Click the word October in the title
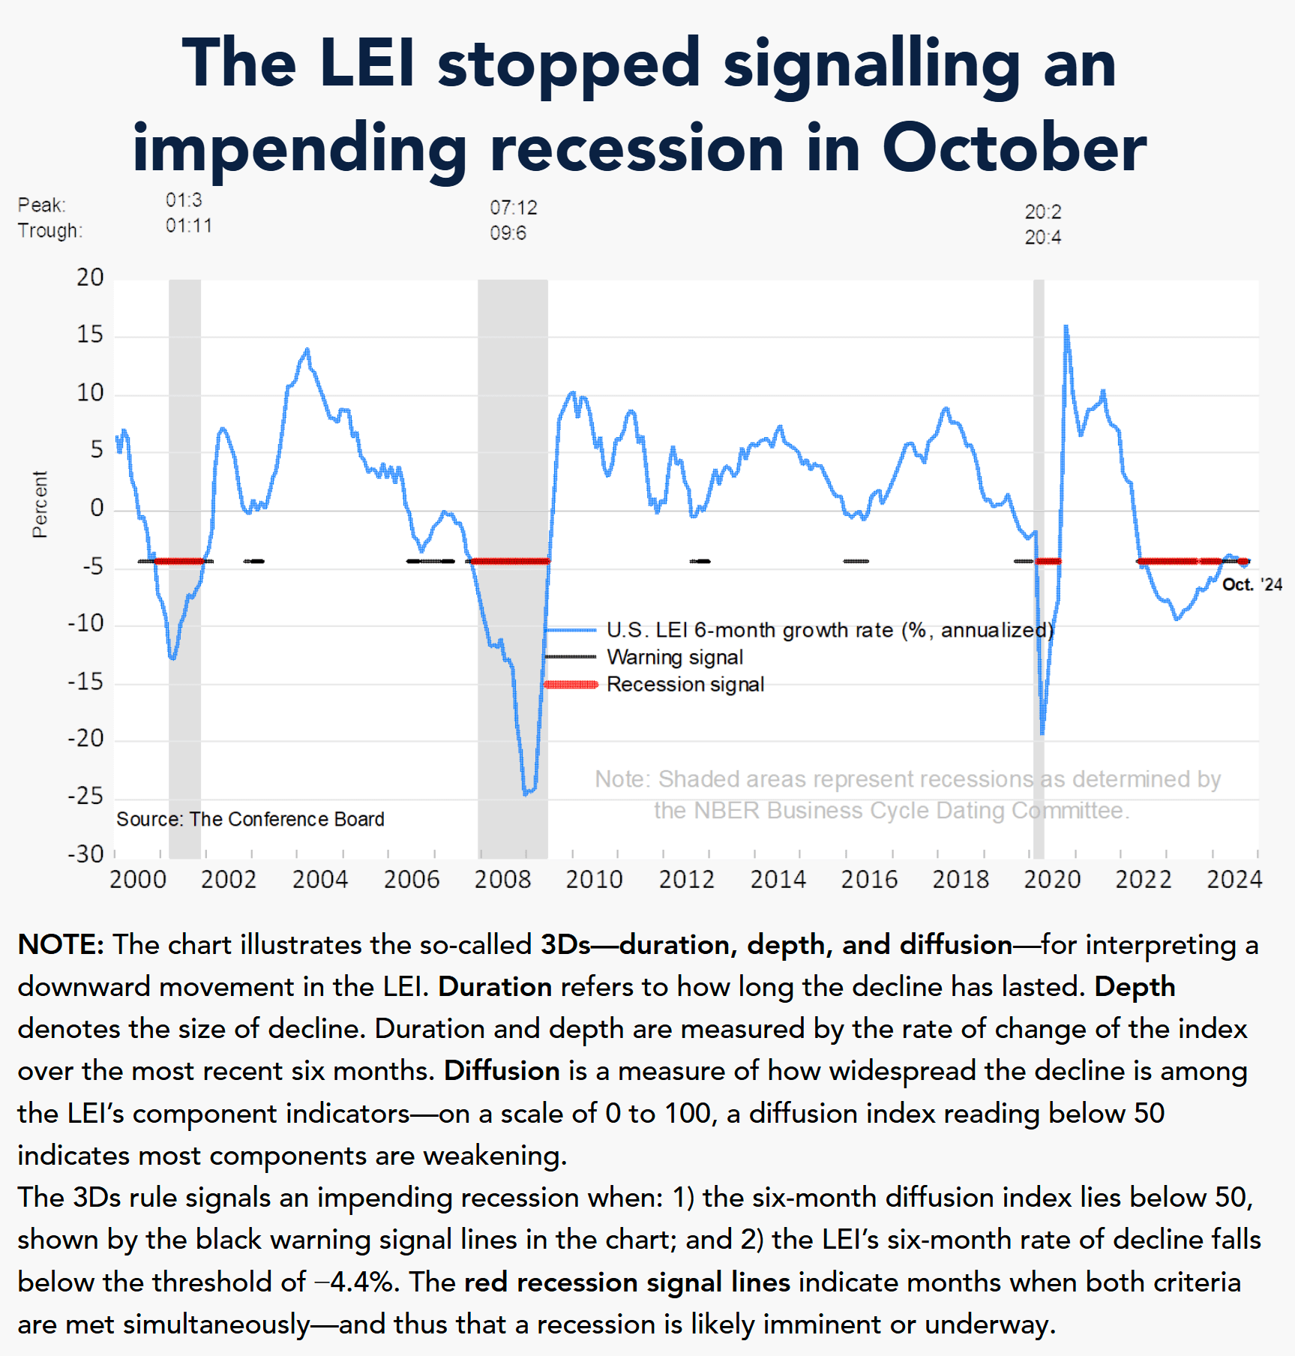(x=1014, y=148)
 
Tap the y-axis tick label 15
(x=90, y=335)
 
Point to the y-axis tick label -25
(x=85, y=796)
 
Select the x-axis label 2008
(x=502, y=879)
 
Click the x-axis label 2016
(x=869, y=879)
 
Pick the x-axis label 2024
(x=1234, y=879)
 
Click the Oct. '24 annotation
(x=1252, y=585)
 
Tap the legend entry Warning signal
(x=674, y=658)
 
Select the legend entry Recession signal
(x=685, y=685)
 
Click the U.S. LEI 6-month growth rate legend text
(x=829, y=631)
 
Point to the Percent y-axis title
(x=40, y=504)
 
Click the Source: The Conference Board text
(x=250, y=819)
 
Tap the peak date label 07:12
(x=514, y=208)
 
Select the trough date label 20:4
(x=1042, y=238)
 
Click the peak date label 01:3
(x=184, y=200)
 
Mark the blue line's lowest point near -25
(x=526, y=793)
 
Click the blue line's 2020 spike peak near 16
(x=1066, y=326)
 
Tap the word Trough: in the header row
(x=49, y=231)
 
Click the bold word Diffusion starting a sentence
(x=501, y=1070)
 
